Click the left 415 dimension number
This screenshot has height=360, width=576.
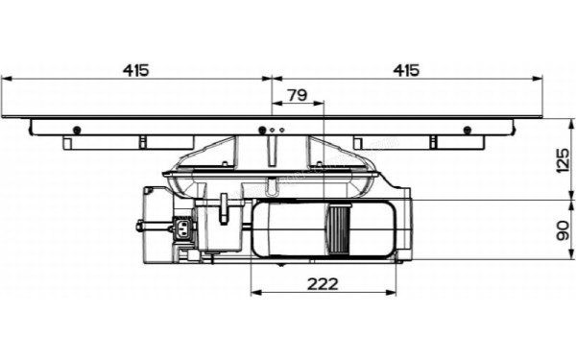136,70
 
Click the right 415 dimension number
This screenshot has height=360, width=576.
406,70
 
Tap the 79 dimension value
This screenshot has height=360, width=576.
298,95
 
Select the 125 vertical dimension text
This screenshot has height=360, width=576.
563,160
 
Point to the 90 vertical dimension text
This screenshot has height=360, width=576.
563,230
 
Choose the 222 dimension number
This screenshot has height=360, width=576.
323,284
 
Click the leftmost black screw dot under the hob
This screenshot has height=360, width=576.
77,130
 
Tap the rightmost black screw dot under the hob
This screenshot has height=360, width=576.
468,130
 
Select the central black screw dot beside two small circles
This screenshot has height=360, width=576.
262,130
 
